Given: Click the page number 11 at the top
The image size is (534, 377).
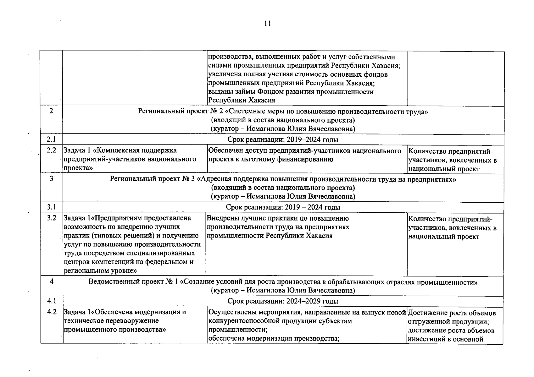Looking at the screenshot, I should [x=267, y=24].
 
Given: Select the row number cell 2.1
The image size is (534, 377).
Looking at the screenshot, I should [x=51, y=139].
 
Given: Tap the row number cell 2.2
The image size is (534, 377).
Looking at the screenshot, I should [x=51, y=150].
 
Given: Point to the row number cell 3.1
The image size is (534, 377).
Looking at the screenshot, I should [x=51, y=207].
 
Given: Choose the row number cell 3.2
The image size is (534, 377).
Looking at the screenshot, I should [x=51, y=218].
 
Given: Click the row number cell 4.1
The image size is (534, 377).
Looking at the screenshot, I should [x=51, y=301].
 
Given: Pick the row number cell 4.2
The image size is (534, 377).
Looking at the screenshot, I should [x=51, y=312].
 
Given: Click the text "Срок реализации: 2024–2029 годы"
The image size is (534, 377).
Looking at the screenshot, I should [x=283, y=301].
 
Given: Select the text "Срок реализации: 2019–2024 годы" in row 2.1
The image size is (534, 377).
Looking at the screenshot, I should [x=283, y=139].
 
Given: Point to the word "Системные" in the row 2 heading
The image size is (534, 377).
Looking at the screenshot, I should [x=243, y=112].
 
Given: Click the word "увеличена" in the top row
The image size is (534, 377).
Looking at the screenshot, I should [x=224, y=74].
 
